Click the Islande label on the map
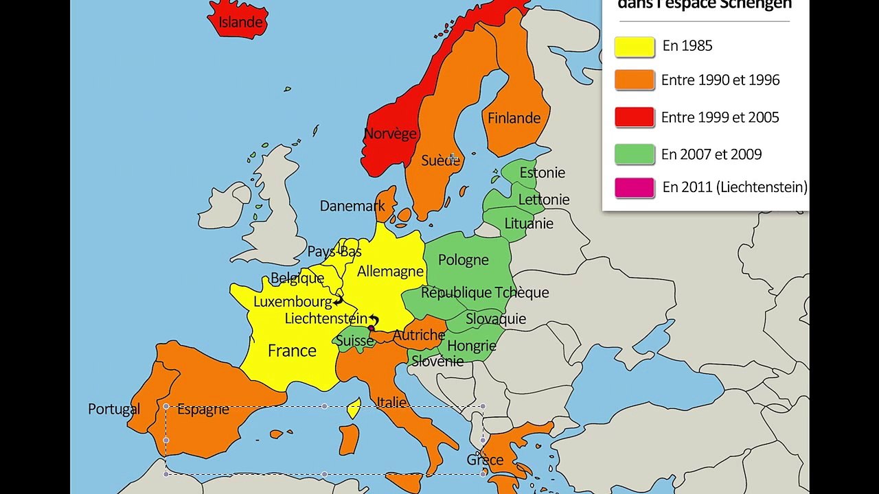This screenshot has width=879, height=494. [x=240, y=23]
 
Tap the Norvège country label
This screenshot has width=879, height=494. [x=390, y=134]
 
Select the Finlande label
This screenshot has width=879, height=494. [x=514, y=118]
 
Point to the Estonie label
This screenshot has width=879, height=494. [x=542, y=173]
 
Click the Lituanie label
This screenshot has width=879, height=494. [x=528, y=224]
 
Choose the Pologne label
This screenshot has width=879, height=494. [x=463, y=260]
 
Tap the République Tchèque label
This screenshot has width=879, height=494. [x=484, y=293]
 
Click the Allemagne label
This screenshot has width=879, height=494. [x=390, y=272]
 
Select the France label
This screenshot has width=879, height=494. [x=292, y=351]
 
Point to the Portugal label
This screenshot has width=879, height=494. [x=114, y=410]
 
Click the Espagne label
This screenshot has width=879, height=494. [x=203, y=410]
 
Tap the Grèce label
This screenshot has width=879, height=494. [x=485, y=460]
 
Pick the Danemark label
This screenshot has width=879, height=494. [x=352, y=207]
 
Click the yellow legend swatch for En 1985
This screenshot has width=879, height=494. [x=635, y=46]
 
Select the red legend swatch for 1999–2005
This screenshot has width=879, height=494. [x=635, y=117]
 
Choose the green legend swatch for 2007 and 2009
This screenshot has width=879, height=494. [x=635, y=154]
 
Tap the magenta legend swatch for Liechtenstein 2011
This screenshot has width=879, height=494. [x=635, y=187]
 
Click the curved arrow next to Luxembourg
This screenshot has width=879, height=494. [x=338, y=301]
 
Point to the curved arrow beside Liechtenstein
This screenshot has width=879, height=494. [x=374, y=320]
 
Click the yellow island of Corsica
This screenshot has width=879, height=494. [x=354, y=409]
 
